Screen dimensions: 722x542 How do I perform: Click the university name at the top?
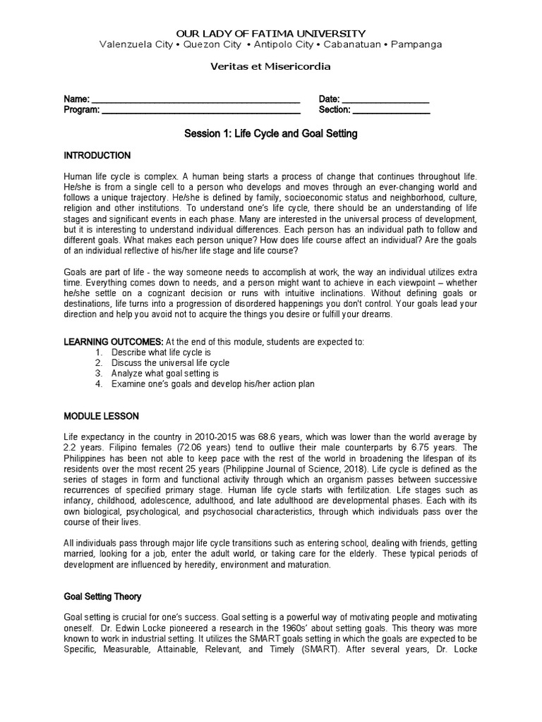(270, 33)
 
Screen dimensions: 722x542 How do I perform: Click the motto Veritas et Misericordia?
(270, 67)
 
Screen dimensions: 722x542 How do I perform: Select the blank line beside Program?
(201, 110)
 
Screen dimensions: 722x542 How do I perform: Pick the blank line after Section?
(391, 110)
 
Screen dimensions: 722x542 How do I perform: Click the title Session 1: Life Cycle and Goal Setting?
(270, 133)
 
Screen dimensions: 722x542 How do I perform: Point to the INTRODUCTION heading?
(97, 155)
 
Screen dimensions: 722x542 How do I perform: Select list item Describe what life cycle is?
(161, 352)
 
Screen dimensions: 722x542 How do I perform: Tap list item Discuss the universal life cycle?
(170, 362)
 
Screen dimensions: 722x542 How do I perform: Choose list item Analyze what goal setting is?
(165, 373)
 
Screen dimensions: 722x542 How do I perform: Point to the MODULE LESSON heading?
(102, 416)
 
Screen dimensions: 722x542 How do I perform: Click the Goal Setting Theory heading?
(103, 596)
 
